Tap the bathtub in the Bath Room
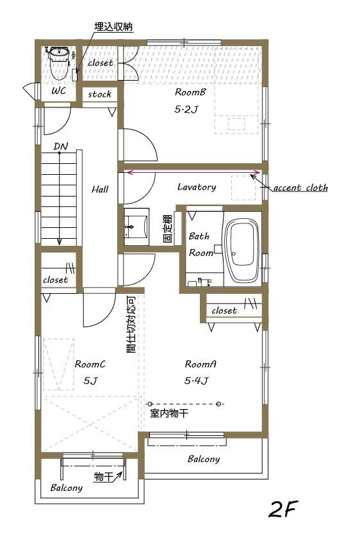pyautogui.click(x=241, y=250)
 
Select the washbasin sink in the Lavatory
pyautogui.click(x=136, y=226)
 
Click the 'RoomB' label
pyautogui.click(x=190, y=92)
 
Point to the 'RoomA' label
pyautogui.click(x=200, y=364)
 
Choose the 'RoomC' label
pyautogui.click(x=90, y=364)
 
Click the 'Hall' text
pyautogui.click(x=99, y=189)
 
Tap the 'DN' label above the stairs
pyautogui.click(x=60, y=147)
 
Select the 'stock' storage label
pyautogui.click(x=99, y=94)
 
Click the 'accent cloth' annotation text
pyautogui.click(x=300, y=188)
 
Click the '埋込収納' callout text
pyautogui.click(x=113, y=28)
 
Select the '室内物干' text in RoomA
pyautogui.click(x=169, y=414)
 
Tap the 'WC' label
pyautogui.click(x=58, y=91)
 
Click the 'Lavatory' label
pyautogui.click(x=196, y=188)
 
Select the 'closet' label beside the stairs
pyautogui.click(x=55, y=280)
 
